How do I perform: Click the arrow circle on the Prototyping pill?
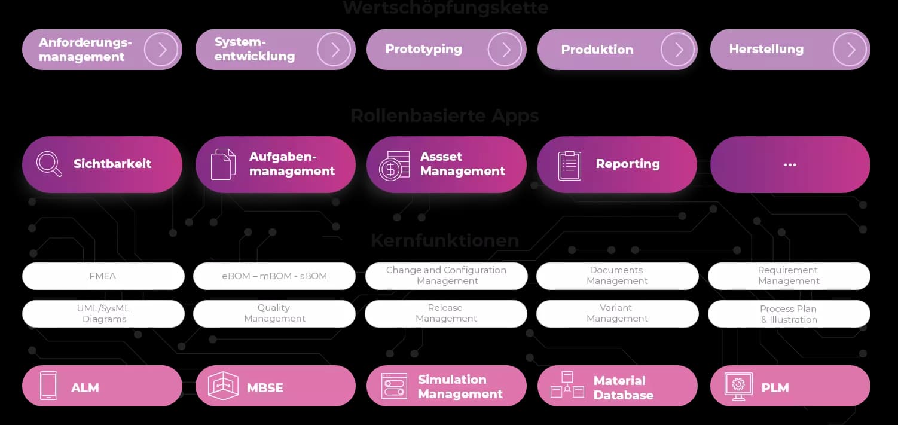[505, 49]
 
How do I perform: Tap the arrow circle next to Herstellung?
[850, 49]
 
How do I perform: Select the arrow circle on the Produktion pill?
[677, 49]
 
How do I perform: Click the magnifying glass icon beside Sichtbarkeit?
[49, 164]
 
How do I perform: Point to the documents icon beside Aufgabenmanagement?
[223, 164]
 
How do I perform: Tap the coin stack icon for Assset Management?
[395, 165]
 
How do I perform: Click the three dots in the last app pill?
[790, 164]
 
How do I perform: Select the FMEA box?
[103, 276]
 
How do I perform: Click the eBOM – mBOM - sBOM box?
[274, 276]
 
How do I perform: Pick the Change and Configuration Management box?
[446, 276]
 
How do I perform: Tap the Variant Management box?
[617, 313]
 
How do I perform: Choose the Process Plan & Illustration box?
[789, 314]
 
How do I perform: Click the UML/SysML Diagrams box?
[103, 313]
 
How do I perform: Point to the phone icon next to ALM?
[48, 386]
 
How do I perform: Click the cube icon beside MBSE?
[223, 386]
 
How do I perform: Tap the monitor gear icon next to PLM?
[738, 386]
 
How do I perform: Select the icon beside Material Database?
[566, 386]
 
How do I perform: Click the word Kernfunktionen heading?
[445, 240]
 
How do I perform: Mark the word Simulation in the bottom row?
[452, 380]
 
